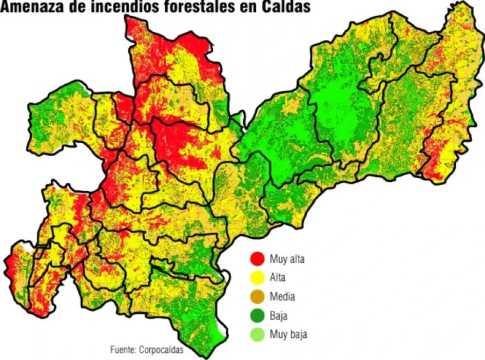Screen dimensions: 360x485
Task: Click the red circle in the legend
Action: click(x=257, y=259)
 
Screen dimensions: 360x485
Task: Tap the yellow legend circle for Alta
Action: click(x=257, y=278)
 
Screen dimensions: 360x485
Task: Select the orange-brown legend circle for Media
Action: click(x=257, y=297)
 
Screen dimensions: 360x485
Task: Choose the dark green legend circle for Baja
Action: click(x=257, y=316)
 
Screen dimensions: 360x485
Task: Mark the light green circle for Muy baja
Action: click(x=257, y=335)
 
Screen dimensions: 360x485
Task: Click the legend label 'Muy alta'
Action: click(x=287, y=259)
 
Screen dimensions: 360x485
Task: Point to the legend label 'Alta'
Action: click(x=277, y=278)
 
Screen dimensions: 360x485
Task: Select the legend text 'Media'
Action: click(x=282, y=297)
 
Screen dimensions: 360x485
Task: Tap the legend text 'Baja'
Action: click(x=279, y=316)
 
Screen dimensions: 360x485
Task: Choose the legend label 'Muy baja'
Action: click(x=288, y=335)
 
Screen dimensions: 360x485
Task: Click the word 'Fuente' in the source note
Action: click(x=122, y=350)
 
